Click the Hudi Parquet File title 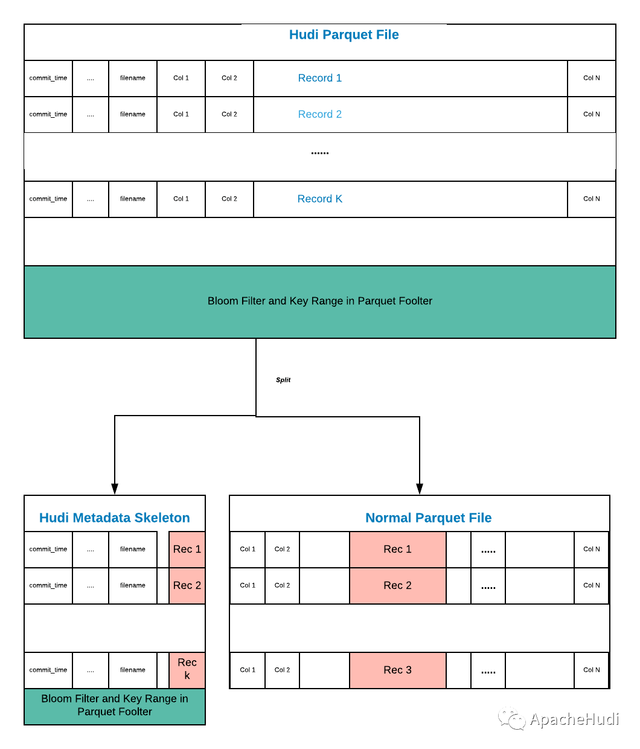tap(344, 35)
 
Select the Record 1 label tap(319, 78)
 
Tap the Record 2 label tap(319, 114)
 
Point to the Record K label tap(319, 199)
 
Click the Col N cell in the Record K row tap(591, 199)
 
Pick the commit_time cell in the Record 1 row tap(48, 79)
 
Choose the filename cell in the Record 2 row tap(133, 115)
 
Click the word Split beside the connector tap(283, 379)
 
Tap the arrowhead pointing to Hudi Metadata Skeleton tap(115, 489)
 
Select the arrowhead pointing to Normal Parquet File tap(420, 489)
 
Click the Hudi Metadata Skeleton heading tap(115, 518)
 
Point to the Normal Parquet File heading tap(428, 518)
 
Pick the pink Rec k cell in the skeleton tap(187, 670)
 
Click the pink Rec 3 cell tap(397, 670)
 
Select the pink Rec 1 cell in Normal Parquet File tap(397, 549)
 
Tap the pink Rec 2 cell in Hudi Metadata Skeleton tap(187, 585)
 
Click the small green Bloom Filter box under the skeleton tap(115, 706)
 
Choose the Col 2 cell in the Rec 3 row tap(282, 670)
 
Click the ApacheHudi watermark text tap(574, 719)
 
